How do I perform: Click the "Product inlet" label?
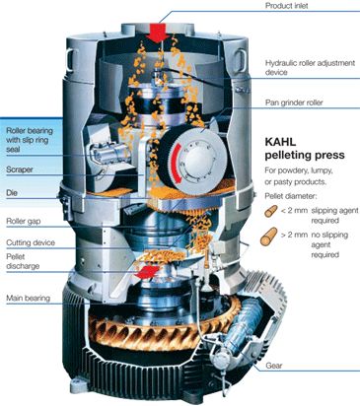tap(286, 6)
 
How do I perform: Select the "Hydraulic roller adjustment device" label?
tap(310, 67)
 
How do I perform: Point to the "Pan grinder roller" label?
tap(294, 102)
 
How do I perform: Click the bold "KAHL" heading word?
tap(280, 142)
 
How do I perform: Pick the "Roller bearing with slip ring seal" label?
tap(30, 140)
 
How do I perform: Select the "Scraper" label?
tap(20, 169)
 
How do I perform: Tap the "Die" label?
tap(12, 193)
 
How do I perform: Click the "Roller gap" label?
tap(24, 222)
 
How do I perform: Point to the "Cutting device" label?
tap(31, 242)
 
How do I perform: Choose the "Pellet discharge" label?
tap(23, 261)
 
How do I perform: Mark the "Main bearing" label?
tap(28, 299)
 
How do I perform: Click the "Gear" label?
tap(274, 366)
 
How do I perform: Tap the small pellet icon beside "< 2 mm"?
tap(271, 211)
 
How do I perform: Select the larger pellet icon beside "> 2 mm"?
tap(268, 237)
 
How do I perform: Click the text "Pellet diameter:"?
tap(291, 196)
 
